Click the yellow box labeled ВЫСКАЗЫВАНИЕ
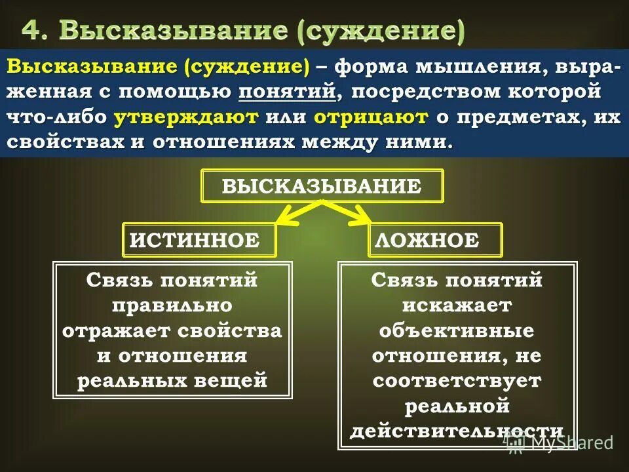point(322,186)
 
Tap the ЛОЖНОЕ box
point(435,239)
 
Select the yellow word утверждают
point(187,117)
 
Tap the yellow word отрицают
point(371,117)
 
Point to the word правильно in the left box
point(172,305)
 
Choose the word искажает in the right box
point(457,305)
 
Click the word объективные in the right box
point(457,330)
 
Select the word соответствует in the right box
point(457,380)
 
